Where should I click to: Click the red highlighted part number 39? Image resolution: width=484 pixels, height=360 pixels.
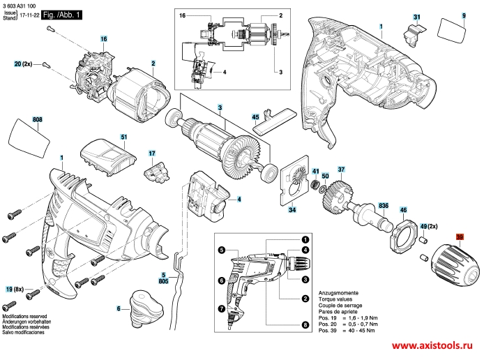pyautogui.click(x=460, y=237)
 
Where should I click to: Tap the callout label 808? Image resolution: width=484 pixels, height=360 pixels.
pyautogui.click(x=38, y=121)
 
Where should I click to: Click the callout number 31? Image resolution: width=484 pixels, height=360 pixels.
pyautogui.click(x=416, y=16)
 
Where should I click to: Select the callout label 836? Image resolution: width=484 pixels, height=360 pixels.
pyautogui.click(x=383, y=205)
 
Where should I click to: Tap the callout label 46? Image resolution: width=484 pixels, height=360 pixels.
pyautogui.click(x=403, y=209)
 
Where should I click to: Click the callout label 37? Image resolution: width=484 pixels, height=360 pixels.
pyautogui.click(x=342, y=170)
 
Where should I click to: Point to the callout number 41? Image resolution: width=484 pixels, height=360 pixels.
pyautogui.click(x=315, y=171)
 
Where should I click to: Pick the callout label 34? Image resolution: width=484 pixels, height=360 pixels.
pyautogui.click(x=292, y=209)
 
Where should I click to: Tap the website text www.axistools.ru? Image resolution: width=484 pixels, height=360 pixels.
pyautogui.click(x=432, y=345)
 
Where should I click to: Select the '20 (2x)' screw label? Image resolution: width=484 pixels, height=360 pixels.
pyautogui.click(x=24, y=64)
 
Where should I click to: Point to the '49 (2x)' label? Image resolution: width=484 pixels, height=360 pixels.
pyautogui.click(x=428, y=225)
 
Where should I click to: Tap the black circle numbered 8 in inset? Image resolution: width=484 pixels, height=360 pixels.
pyautogui.click(x=305, y=325)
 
